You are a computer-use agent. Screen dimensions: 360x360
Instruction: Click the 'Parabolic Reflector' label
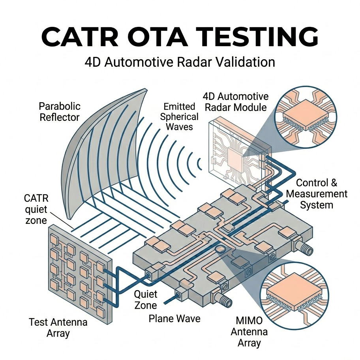click(x=60, y=112)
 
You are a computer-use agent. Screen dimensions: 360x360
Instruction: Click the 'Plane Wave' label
click(x=174, y=318)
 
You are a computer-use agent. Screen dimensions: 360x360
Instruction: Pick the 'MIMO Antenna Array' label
click(x=249, y=332)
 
